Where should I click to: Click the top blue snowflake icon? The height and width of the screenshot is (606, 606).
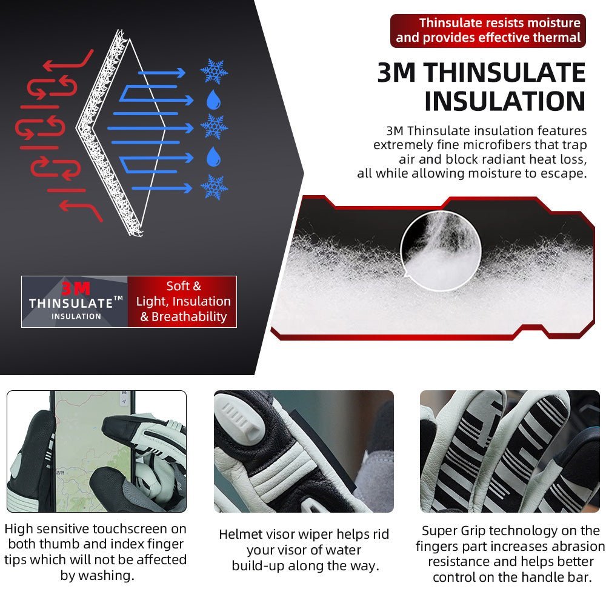tap(214, 72)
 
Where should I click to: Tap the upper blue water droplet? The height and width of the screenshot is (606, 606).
tap(213, 100)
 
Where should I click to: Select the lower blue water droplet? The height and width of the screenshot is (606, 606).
tap(213, 156)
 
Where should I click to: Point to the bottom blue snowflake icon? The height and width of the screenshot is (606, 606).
tap(214, 187)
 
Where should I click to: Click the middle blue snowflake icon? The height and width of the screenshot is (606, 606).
tap(214, 127)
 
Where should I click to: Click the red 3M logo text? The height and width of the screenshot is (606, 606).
tap(76, 288)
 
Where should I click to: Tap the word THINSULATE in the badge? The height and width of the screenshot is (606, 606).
tap(71, 304)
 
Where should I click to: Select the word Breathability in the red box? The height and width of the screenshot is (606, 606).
tap(189, 317)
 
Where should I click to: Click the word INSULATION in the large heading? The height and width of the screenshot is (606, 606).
tap(505, 101)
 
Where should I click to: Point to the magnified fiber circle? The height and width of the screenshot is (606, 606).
tap(441, 250)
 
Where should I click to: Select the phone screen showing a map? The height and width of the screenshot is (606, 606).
tap(95, 451)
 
